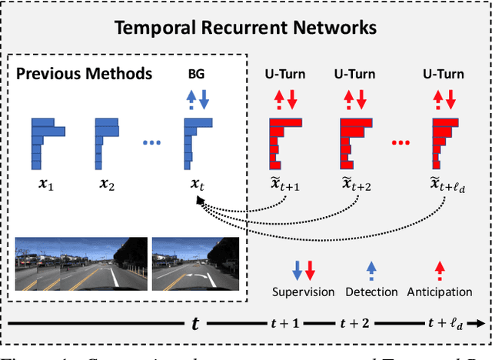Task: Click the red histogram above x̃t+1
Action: tap(283, 142)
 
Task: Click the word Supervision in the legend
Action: tap(304, 292)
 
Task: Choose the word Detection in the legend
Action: tap(371, 292)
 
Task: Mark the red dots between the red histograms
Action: tap(399, 144)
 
